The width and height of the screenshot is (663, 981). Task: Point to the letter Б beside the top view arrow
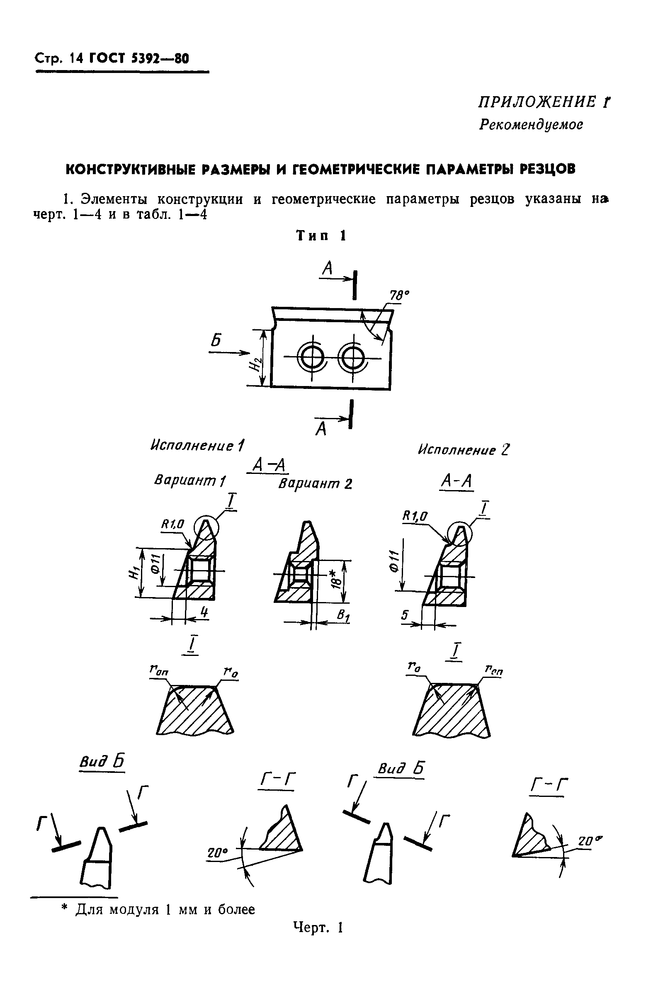[216, 340]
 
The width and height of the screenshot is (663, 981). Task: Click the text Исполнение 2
[463, 449]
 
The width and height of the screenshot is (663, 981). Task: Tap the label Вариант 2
[315, 483]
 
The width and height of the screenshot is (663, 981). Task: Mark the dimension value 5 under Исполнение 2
[404, 615]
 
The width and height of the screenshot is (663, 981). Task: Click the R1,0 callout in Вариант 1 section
[172, 524]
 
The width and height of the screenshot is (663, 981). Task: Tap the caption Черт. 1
[318, 928]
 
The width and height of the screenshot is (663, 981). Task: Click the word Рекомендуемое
[531, 125]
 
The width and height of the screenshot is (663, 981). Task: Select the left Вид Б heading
[102, 762]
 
